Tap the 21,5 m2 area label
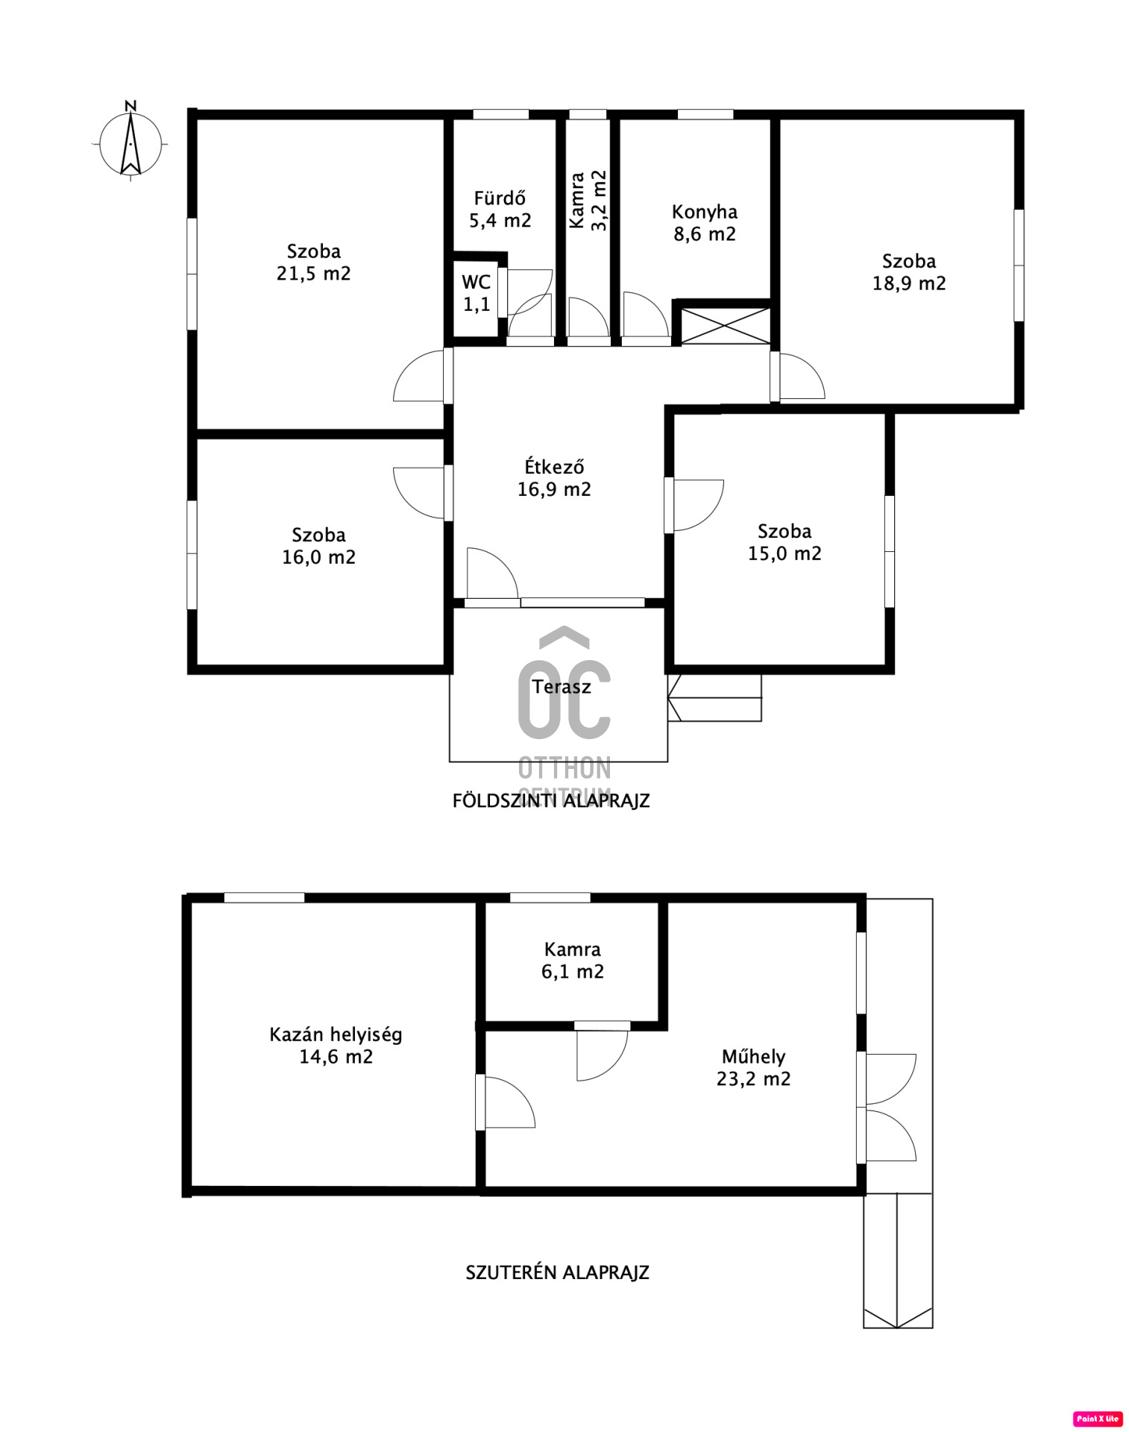click(313, 274)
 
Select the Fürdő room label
click(500, 198)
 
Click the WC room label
click(477, 282)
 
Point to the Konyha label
click(705, 213)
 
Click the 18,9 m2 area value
click(909, 283)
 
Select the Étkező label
click(554, 467)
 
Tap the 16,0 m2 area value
click(318, 557)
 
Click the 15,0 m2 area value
click(784, 553)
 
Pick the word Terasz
click(562, 687)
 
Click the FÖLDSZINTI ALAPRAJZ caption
click(551, 800)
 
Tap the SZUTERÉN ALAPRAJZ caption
click(557, 1272)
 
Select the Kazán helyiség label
click(336, 1034)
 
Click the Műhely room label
click(753, 1056)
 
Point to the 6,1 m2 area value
click(573, 972)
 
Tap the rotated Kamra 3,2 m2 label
click(588, 201)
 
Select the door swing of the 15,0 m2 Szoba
click(694, 505)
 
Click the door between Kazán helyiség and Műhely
click(506, 1101)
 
